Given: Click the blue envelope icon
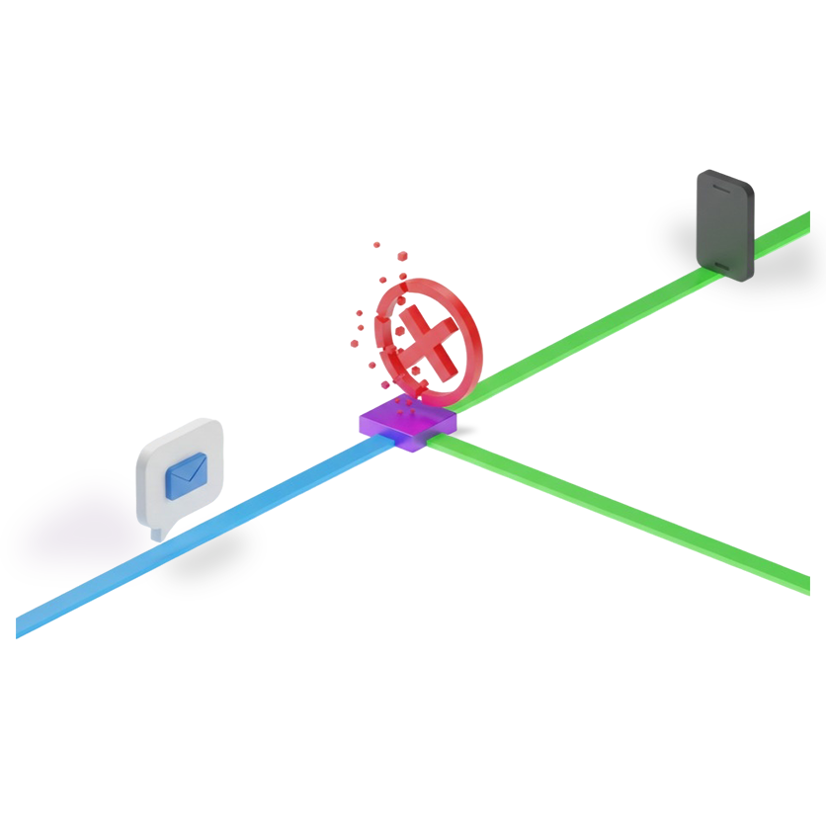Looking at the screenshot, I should coord(186,474).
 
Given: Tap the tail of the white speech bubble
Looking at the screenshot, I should coord(156,534).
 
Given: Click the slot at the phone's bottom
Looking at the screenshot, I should coord(722,264).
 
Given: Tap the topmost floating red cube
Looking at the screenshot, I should coord(376,243).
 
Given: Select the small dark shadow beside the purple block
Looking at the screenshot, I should coord(466,430).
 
